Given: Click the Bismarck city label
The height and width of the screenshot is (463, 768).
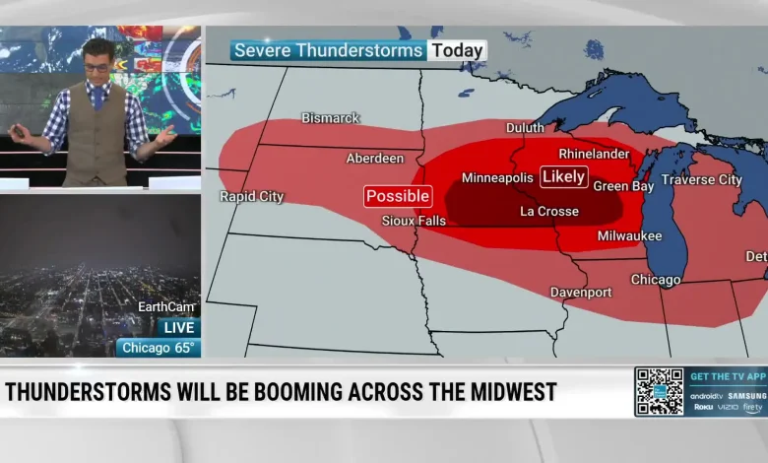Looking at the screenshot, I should coord(331,118).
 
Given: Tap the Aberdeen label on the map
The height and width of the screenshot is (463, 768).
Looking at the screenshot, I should coord(375,159).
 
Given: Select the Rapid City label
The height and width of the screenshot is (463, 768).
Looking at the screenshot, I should coord(251,197).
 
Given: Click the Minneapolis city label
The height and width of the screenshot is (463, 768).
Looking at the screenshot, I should coord(497,178).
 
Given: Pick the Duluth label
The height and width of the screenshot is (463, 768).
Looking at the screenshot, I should coord(525,128).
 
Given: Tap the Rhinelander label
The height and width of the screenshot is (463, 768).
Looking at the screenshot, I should coord(594,155).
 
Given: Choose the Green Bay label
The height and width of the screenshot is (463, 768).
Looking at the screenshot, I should coord(623,186).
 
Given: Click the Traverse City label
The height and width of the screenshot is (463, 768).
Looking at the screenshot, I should coord(701,180).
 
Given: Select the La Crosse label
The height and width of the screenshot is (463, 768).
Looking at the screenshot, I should coord(549,212).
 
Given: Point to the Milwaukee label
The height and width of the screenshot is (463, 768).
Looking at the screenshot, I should coord(630,236).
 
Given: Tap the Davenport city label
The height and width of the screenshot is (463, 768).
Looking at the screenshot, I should coord(581,293).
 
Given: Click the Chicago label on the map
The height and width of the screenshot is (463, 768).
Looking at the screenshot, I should coord(656,280).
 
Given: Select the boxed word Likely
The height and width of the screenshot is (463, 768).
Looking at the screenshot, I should coord(564,177).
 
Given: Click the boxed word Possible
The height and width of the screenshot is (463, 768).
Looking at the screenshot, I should coord(398,196).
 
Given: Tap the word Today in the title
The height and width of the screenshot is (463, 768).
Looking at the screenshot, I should coord(457,50).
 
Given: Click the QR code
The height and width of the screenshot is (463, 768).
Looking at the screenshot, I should coord(659,392).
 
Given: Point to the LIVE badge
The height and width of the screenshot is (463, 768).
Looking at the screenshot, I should coord(178,327).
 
